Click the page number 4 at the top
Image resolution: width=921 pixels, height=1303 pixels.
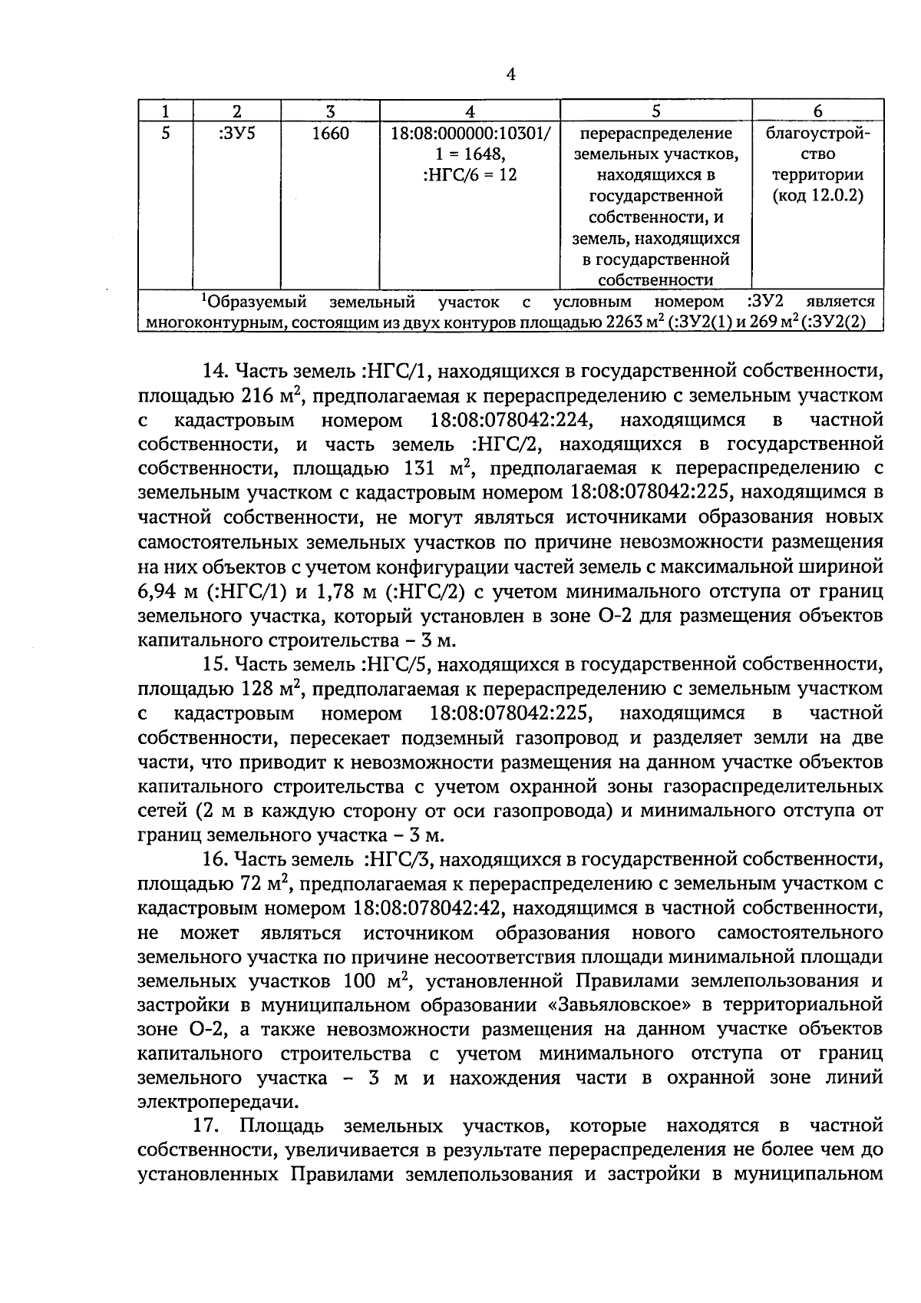click(x=511, y=74)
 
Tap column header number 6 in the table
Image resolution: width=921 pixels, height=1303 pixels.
click(x=817, y=111)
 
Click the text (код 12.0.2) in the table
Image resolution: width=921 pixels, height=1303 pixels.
click(x=817, y=196)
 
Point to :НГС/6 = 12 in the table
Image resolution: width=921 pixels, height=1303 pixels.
click(x=470, y=175)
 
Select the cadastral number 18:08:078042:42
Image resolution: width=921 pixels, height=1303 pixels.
click(x=427, y=908)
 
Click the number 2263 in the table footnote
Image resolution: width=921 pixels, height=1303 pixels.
click(x=623, y=322)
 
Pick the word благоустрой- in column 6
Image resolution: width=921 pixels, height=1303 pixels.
click(x=817, y=134)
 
